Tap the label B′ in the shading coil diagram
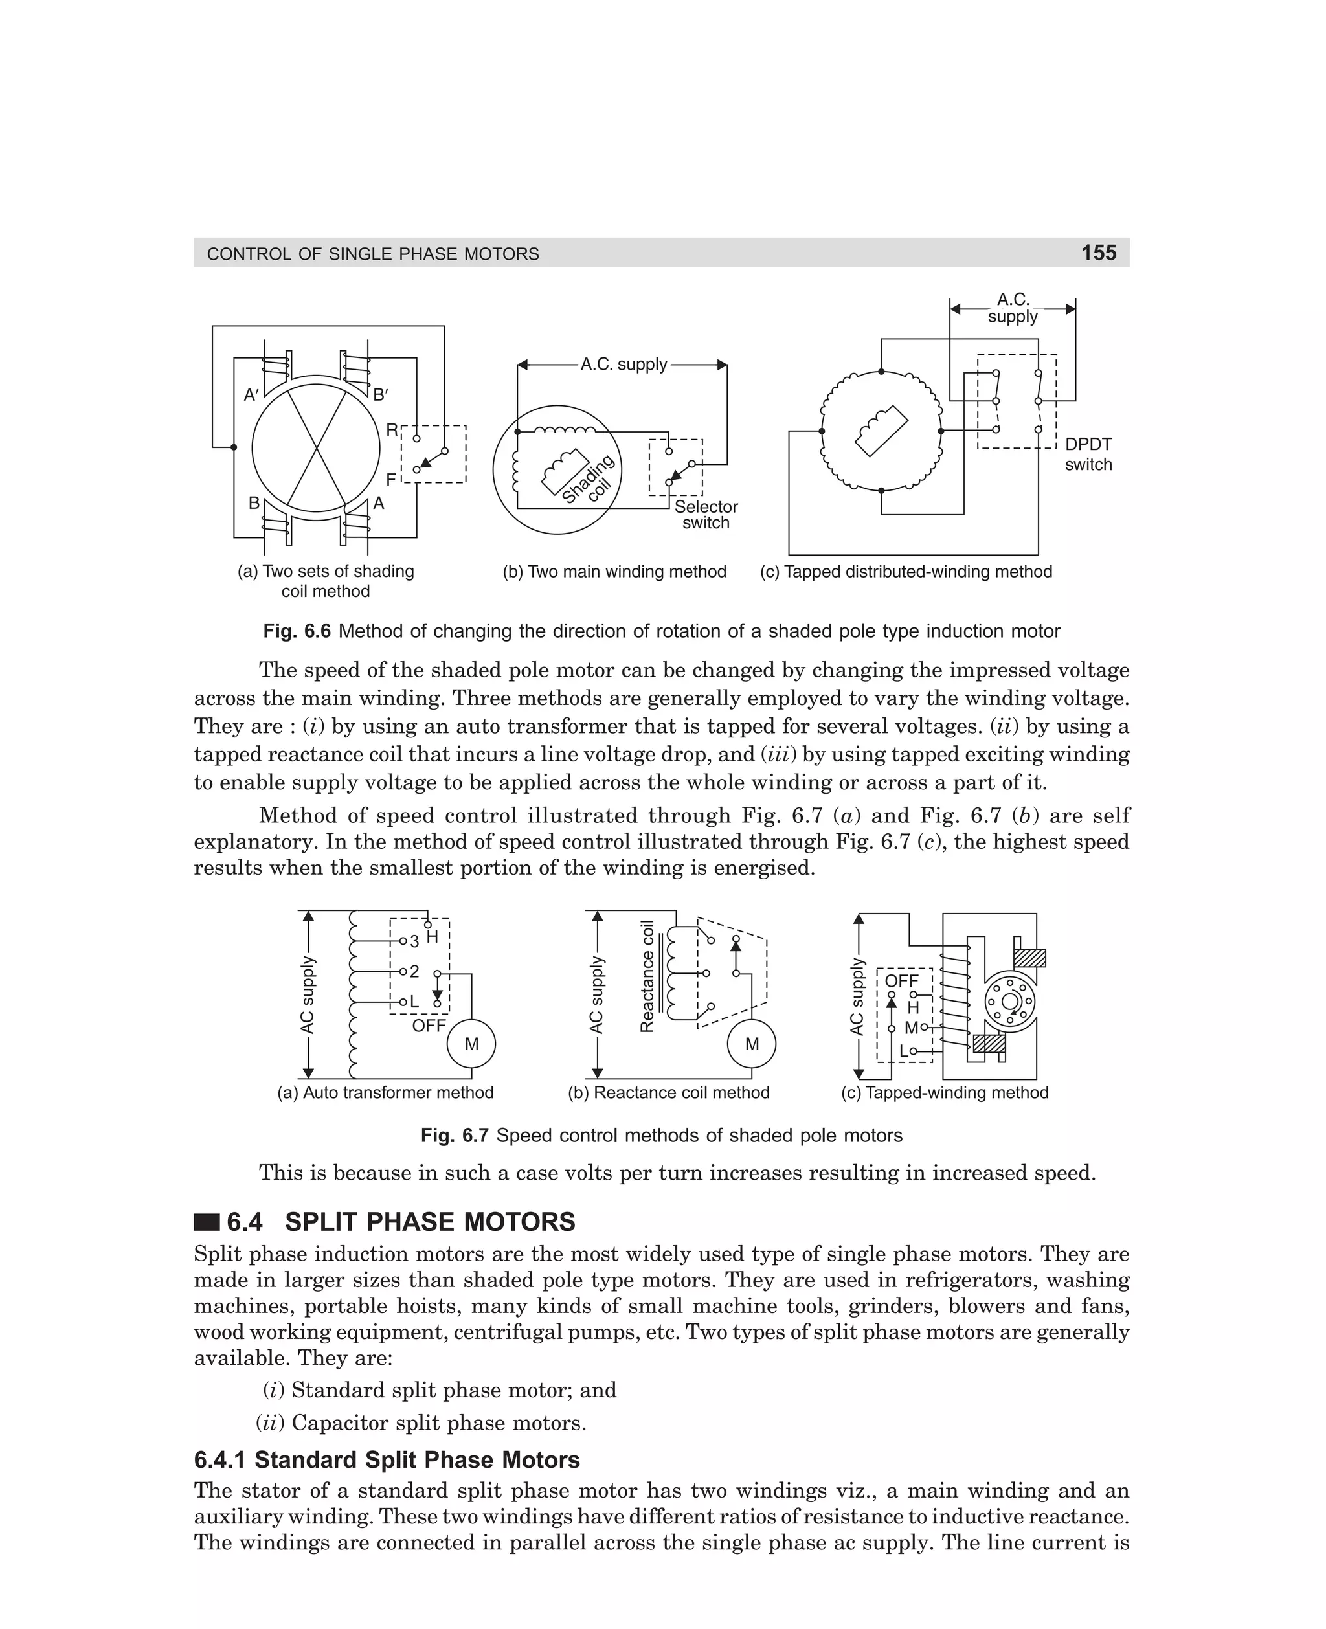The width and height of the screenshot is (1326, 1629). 381,395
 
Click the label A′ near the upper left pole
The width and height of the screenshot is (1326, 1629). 251,395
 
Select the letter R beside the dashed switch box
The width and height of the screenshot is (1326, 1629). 391,430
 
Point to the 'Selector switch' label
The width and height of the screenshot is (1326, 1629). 706,515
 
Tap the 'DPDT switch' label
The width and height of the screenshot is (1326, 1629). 1088,455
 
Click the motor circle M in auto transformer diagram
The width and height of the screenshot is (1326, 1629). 471,1044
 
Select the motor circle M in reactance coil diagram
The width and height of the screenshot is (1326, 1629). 752,1044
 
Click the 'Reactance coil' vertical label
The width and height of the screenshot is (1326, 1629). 647,977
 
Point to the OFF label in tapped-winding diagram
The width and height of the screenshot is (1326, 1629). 901,981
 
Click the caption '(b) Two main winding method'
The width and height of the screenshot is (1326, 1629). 614,571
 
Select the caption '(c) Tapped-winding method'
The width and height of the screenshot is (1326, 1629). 944,1093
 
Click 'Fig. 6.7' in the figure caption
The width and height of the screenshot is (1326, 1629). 455,1136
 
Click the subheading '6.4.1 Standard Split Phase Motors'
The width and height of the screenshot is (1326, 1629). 387,1459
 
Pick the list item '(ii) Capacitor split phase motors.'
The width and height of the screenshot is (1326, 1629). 421,1423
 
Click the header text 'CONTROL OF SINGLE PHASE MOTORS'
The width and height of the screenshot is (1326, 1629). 373,254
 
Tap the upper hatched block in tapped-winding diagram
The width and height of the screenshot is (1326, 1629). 1029,958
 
